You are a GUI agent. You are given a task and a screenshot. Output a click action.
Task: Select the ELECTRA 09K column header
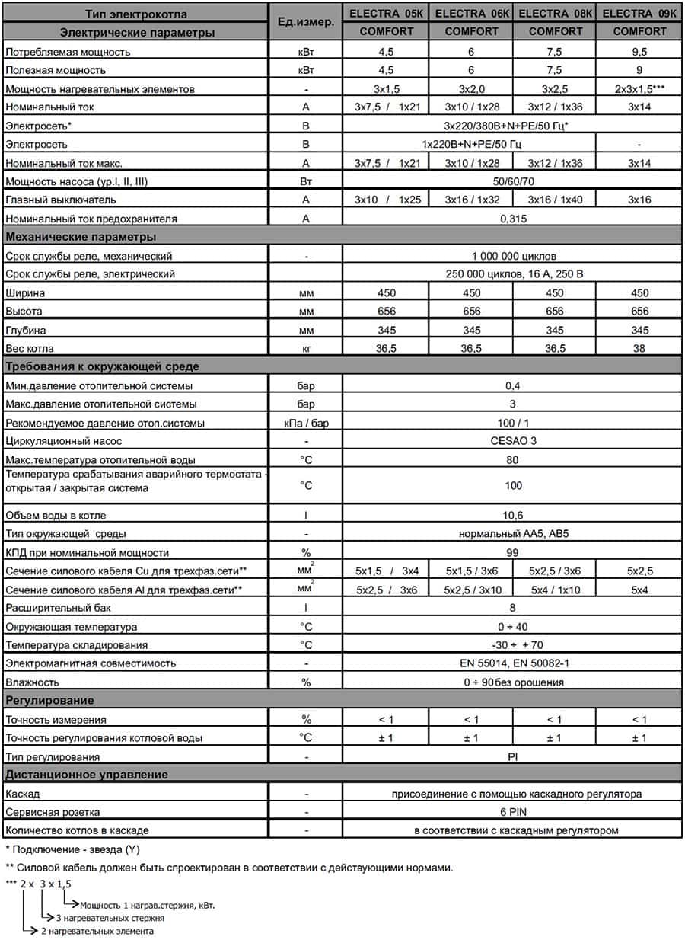point(639,13)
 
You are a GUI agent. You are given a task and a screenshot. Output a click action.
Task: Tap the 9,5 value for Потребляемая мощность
point(639,52)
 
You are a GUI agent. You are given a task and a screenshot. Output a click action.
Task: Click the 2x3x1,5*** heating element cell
point(639,89)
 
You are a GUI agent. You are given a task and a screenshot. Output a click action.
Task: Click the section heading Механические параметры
point(81,236)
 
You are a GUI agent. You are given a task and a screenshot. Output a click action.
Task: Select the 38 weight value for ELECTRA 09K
point(639,349)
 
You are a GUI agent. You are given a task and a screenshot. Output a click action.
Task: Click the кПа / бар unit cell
point(306,423)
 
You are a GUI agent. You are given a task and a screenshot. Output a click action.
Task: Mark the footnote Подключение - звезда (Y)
point(72,849)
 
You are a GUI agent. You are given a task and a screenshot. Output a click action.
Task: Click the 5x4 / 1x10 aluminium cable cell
point(555,590)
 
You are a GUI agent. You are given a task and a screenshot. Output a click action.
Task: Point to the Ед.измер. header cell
point(306,22)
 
